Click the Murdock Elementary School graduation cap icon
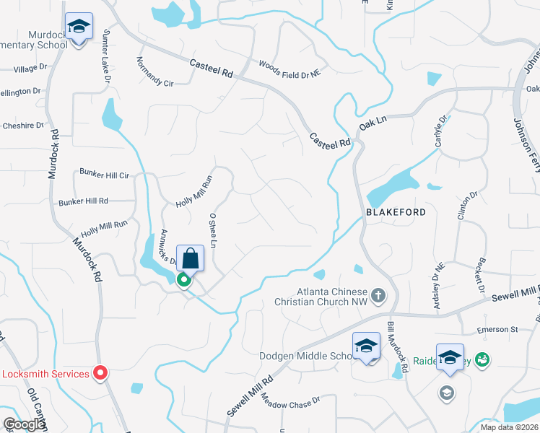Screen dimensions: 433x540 tap(77, 27)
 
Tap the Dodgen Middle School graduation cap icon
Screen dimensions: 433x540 tap(366, 347)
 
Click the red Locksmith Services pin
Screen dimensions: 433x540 tap(100, 373)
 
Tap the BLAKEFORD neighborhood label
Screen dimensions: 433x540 tap(391, 214)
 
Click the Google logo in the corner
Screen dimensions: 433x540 tap(24, 424)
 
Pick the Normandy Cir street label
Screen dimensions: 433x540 tap(155, 72)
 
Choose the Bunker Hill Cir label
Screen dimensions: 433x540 tap(105, 175)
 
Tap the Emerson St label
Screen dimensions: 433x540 tap(498, 330)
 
